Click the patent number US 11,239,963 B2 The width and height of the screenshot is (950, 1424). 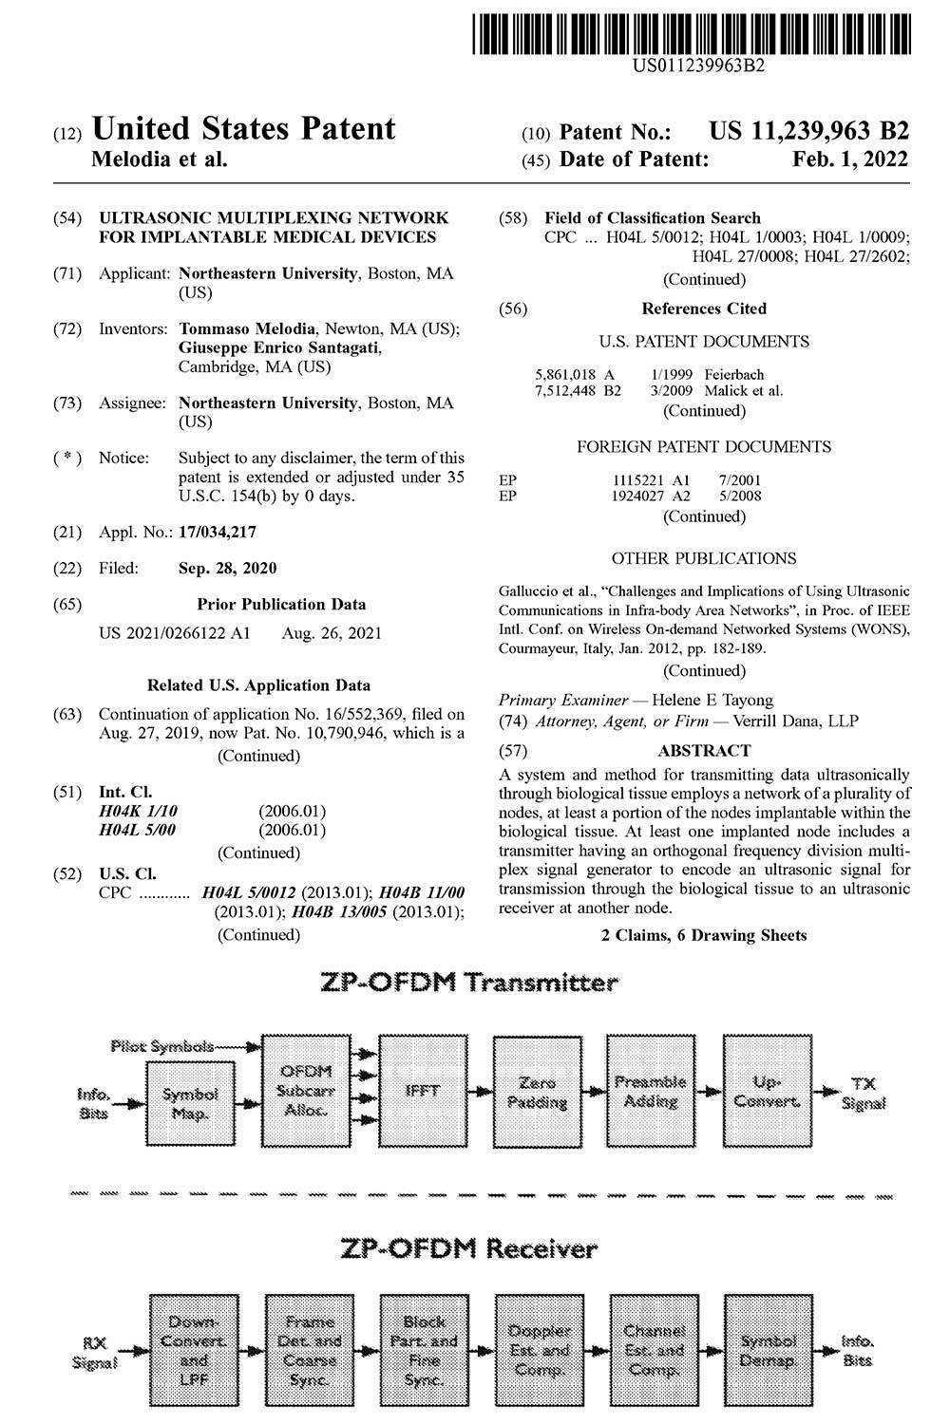[x=808, y=132]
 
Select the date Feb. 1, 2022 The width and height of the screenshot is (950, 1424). [x=850, y=159]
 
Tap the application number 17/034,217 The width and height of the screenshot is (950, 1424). [x=217, y=533]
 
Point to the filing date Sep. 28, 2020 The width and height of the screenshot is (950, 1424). [x=227, y=569]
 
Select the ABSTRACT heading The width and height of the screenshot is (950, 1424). [x=704, y=750]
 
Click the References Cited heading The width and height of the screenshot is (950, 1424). [x=704, y=309]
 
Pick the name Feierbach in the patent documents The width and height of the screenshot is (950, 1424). [x=734, y=374]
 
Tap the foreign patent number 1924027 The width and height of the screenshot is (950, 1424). [x=637, y=496]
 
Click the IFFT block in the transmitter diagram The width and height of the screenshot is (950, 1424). [x=422, y=1092]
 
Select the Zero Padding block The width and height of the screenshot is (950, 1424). [x=537, y=1092]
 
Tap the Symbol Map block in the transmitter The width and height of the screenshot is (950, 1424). [x=190, y=1104]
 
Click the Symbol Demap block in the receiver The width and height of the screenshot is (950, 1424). [x=769, y=1350]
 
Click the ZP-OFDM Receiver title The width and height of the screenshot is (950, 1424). [x=468, y=1248]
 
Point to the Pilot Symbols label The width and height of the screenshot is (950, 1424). [x=161, y=1046]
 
